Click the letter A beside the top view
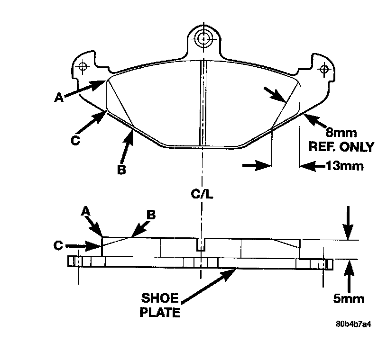(58, 97)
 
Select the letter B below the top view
(121, 169)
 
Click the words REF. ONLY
(341, 147)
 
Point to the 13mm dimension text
(344, 166)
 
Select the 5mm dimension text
(349, 299)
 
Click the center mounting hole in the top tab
(204, 38)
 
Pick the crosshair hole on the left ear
(83, 66)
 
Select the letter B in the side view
(151, 215)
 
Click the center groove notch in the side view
(202, 244)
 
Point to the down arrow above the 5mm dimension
(348, 223)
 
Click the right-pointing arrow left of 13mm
(256, 165)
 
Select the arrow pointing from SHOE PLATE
(209, 284)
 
